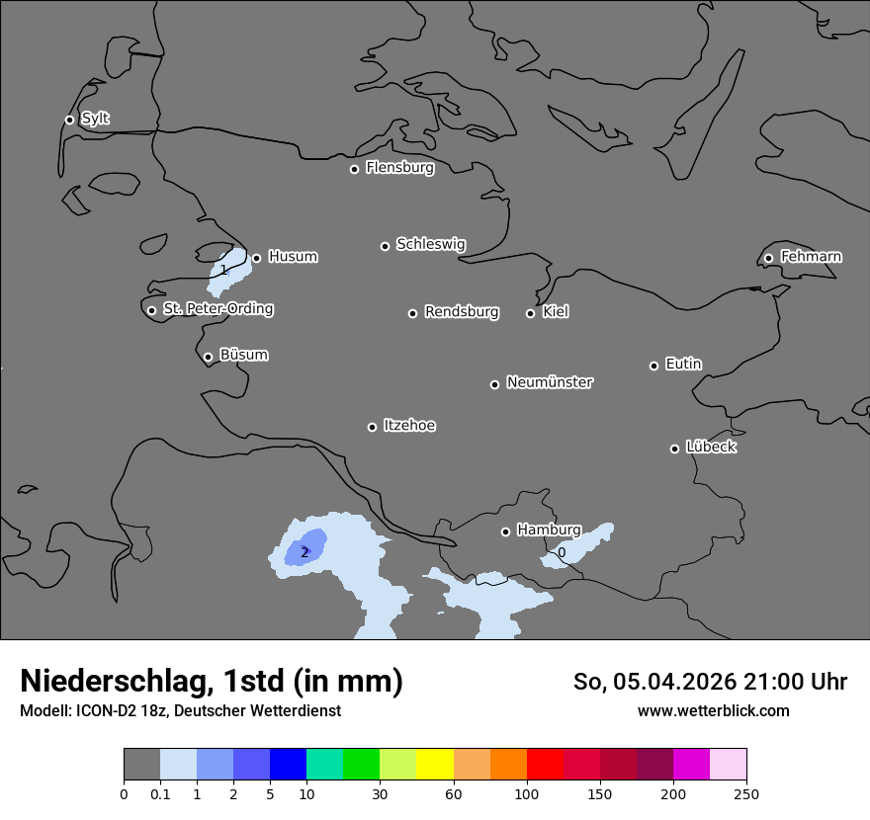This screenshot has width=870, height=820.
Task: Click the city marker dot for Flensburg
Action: [354, 169]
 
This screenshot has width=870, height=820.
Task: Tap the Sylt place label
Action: [95, 119]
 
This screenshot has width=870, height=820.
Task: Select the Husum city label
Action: [293, 257]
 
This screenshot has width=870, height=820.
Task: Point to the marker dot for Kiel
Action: [530, 313]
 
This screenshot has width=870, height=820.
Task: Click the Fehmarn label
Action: [811, 257]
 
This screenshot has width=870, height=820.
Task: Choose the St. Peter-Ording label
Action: [217, 309]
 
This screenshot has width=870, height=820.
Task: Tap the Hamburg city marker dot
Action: [505, 532]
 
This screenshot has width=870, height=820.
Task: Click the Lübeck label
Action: [711, 448]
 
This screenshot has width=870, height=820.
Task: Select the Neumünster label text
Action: [550, 382]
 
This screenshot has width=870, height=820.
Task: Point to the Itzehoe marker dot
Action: [372, 427]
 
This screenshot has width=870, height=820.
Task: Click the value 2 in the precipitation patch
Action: [304, 552]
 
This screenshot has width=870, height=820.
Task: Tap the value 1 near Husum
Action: [223, 270]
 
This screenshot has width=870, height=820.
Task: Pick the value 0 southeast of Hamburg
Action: [562, 553]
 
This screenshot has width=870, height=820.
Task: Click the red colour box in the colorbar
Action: [545, 765]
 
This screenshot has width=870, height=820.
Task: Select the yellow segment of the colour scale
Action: [435, 765]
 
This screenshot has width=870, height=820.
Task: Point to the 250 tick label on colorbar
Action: [746, 794]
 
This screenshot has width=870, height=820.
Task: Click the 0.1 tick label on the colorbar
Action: [160, 794]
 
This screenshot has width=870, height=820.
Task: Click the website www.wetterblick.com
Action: [713, 711]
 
